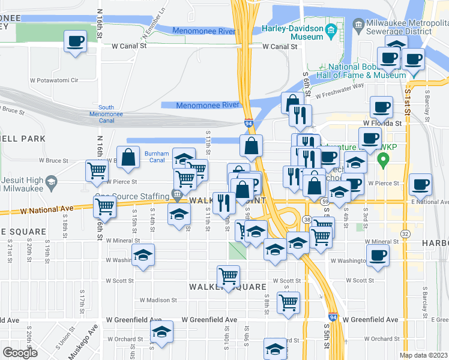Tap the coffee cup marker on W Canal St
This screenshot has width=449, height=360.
tap(76, 42)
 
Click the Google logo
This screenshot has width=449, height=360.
tap(20, 353)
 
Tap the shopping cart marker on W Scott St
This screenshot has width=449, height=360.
tap(228, 277)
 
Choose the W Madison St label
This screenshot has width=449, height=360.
tap(158, 300)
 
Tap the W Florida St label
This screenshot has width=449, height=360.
tap(381, 123)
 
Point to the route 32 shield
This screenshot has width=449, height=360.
tap(405, 233)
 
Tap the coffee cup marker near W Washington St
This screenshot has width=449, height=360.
tap(378, 255)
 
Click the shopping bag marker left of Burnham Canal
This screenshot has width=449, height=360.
tap(128, 158)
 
